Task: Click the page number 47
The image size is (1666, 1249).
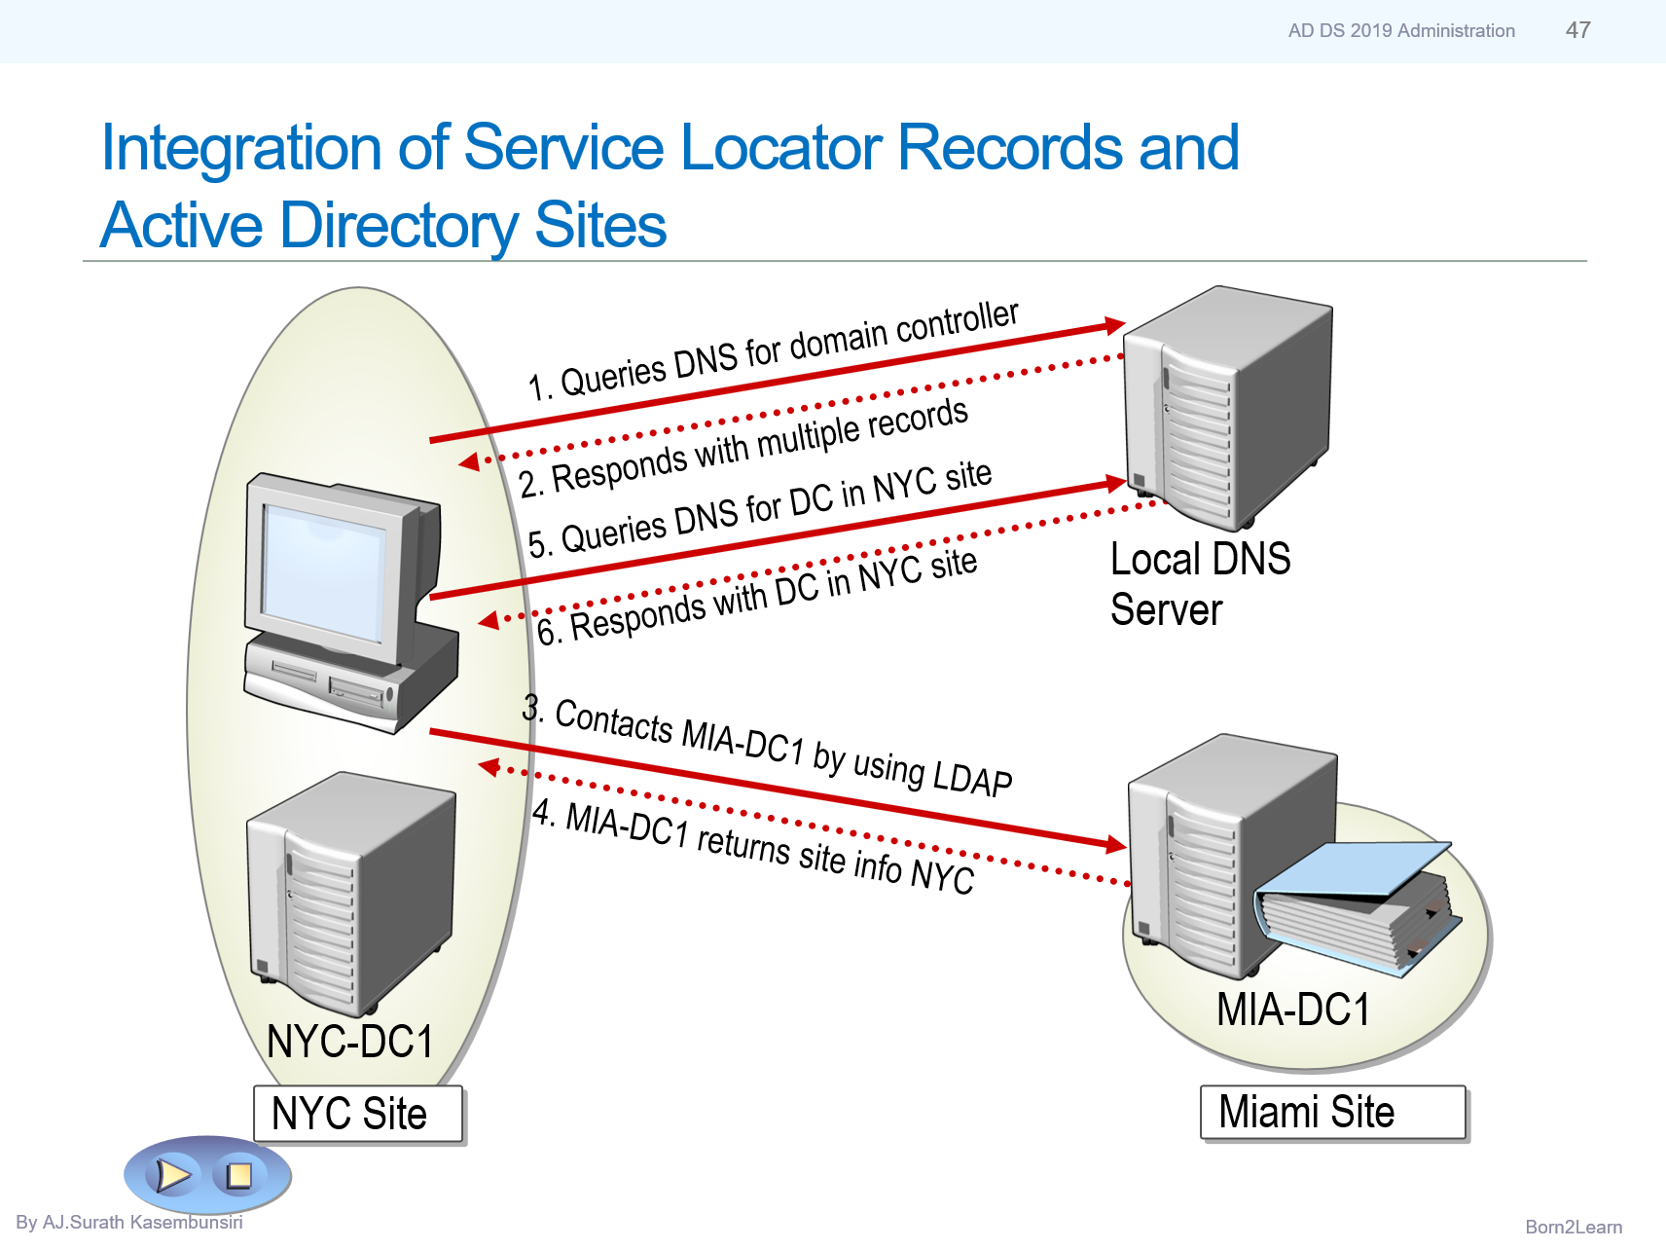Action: pyautogui.click(x=1577, y=30)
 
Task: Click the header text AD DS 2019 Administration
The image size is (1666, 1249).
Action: pyautogui.click(x=1400, y=31)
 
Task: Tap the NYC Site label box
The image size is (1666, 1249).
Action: pyautogui.click(x=357, y=1114)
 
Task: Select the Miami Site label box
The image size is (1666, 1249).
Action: pyautogui.click(x=1332, y=1112)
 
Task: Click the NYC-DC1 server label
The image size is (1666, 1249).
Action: pyautogui.click(x=350, y=1042)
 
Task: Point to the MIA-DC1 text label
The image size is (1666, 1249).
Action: pyautogui.click(x=1292, y=1010)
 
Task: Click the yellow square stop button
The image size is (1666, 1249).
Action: pyautogui.click(x=238, y=1175)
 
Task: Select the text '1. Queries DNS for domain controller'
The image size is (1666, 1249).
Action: pyautogui.click(x=773, y=350)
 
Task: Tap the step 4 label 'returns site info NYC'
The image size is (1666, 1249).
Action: pyautogui.click(x=753, y=846)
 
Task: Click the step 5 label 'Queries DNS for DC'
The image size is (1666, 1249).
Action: pyautogui.click(x=759, y=509)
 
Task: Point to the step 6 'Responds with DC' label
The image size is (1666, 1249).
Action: pyautogui.click(x=757, y=595)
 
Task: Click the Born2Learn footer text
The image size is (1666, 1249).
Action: pyautogui.click(x=1573, y=1227)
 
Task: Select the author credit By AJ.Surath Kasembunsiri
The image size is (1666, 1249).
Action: pyautogui.click(x=129, y=1222)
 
